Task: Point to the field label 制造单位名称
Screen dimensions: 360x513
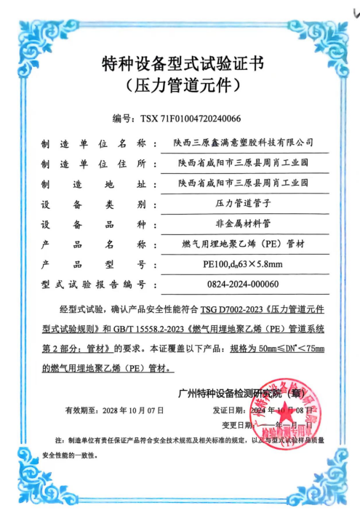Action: click(x=94, y=142)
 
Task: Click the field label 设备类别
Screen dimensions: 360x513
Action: click(x=94, y=202)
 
